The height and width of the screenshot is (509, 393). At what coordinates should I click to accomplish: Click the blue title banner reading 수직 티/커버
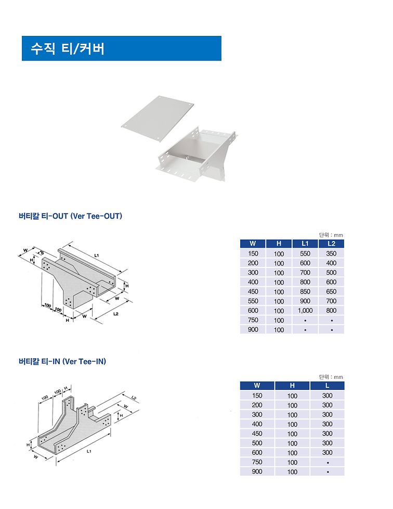121,48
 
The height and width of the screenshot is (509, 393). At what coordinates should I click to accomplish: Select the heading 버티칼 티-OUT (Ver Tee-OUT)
70,215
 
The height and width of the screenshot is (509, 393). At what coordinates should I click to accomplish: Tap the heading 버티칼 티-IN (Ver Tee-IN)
62,361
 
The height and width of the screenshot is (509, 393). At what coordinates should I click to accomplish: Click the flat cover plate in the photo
157,118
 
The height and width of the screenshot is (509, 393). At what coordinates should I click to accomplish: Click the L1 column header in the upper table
305,244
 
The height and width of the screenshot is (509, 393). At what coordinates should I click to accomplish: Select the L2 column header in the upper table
331,244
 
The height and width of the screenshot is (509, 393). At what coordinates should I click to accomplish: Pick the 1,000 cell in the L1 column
305,311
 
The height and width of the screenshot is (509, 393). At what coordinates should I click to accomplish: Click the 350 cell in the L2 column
331,253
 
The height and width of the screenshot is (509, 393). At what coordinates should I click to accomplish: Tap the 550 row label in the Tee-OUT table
253,301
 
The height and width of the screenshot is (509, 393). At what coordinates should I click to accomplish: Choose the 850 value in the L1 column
305,291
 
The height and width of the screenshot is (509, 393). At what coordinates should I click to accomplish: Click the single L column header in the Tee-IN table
327,386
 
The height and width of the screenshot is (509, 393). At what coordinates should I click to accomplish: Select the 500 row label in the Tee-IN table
257,443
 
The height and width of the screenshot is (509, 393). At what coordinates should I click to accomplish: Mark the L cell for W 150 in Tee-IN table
327,396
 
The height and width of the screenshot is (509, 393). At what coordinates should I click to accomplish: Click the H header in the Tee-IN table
292,386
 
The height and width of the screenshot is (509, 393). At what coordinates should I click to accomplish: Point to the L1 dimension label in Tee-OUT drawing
97,255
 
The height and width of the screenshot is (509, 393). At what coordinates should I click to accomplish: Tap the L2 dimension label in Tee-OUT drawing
115,314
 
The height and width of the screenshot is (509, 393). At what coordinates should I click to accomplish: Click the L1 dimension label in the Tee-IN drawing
89,451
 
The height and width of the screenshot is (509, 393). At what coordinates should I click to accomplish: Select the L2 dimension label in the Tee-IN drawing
134,398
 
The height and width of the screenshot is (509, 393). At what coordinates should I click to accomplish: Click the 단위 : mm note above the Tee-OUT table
331,235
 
